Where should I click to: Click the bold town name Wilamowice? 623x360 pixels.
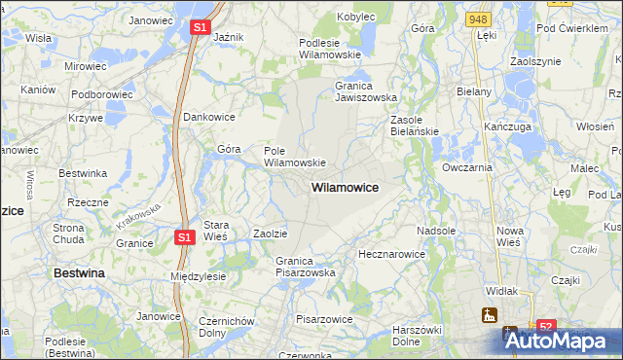(345, 186)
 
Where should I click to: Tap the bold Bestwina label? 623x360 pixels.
(79, 274)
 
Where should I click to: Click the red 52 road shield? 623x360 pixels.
(546, 328)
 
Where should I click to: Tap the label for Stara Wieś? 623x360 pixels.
(214, 230)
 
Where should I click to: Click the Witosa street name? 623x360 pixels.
(30, 184)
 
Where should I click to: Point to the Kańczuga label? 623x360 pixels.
(507, 127)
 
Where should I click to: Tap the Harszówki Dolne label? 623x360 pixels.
(419, 335)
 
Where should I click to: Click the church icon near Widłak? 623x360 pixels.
(488, 315)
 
